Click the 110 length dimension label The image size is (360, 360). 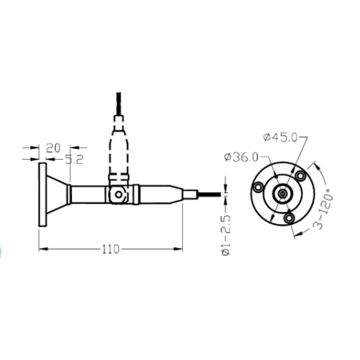click(111, 249)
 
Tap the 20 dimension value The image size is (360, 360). click(53, 148)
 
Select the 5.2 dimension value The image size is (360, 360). click(74, 160)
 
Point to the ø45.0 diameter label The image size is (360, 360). click(280, 138)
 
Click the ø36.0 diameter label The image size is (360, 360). click(241, 158)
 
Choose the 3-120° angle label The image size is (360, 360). click(324, 208)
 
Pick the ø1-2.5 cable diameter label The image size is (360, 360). click(226, 235)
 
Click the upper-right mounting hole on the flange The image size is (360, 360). click(300, 176)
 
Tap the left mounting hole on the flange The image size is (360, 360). click(258, 187)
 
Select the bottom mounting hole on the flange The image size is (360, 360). click(289, 218)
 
